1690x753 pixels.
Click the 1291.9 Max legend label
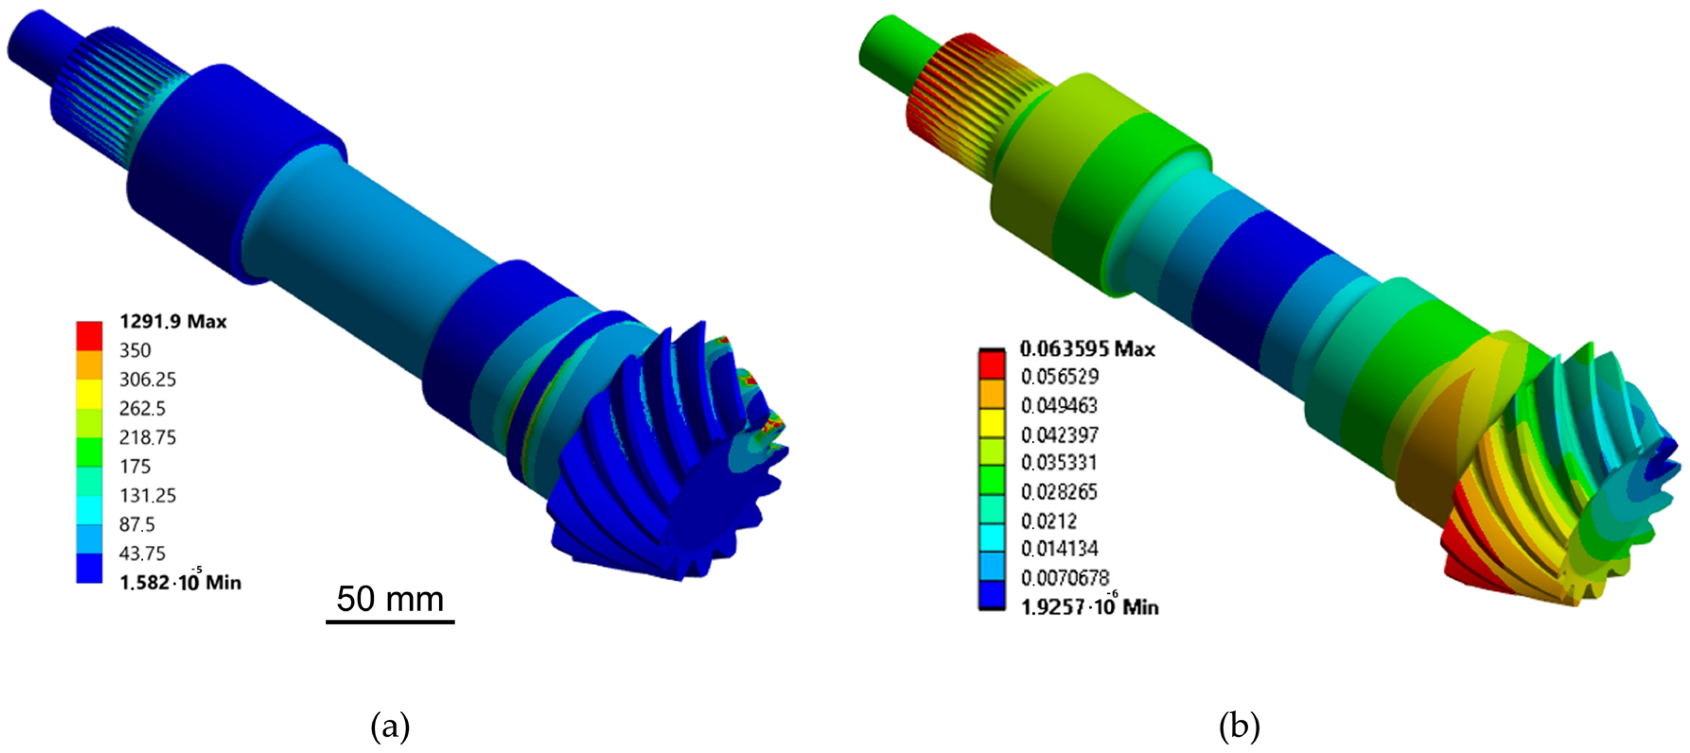tap(173, 322)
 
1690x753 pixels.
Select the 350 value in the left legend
tap(135, 350)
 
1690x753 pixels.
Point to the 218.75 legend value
tap(148, 437)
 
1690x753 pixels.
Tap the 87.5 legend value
tap(137, 525)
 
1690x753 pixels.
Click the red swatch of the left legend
tap(89, 335)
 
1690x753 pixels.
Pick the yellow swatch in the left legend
tap(89, 394)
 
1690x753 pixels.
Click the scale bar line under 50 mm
tap(391, 621)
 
